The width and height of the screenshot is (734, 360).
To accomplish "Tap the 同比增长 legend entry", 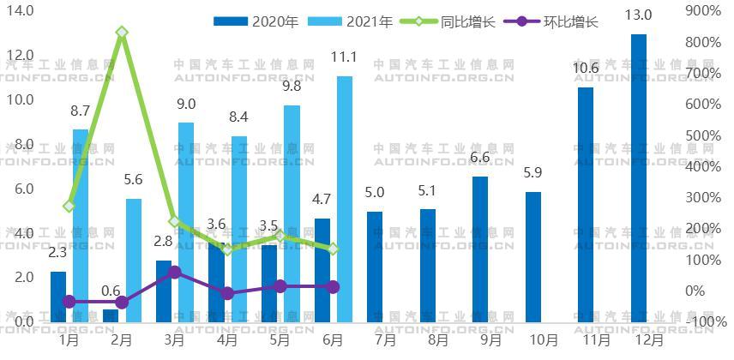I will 452,21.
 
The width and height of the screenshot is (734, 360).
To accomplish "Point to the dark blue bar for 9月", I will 480,249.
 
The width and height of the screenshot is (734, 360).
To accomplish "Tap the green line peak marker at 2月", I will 123,33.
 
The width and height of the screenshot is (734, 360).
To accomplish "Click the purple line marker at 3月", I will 175,273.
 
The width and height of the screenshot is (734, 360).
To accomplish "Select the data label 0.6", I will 111,291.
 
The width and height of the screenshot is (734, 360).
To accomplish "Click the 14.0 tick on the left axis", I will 21,11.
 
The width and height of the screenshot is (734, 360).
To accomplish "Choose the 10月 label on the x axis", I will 544,339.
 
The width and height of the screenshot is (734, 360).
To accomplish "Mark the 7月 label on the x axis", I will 385,339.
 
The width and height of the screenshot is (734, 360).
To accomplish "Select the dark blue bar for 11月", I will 586,205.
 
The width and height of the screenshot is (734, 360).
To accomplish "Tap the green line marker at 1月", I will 69,206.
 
